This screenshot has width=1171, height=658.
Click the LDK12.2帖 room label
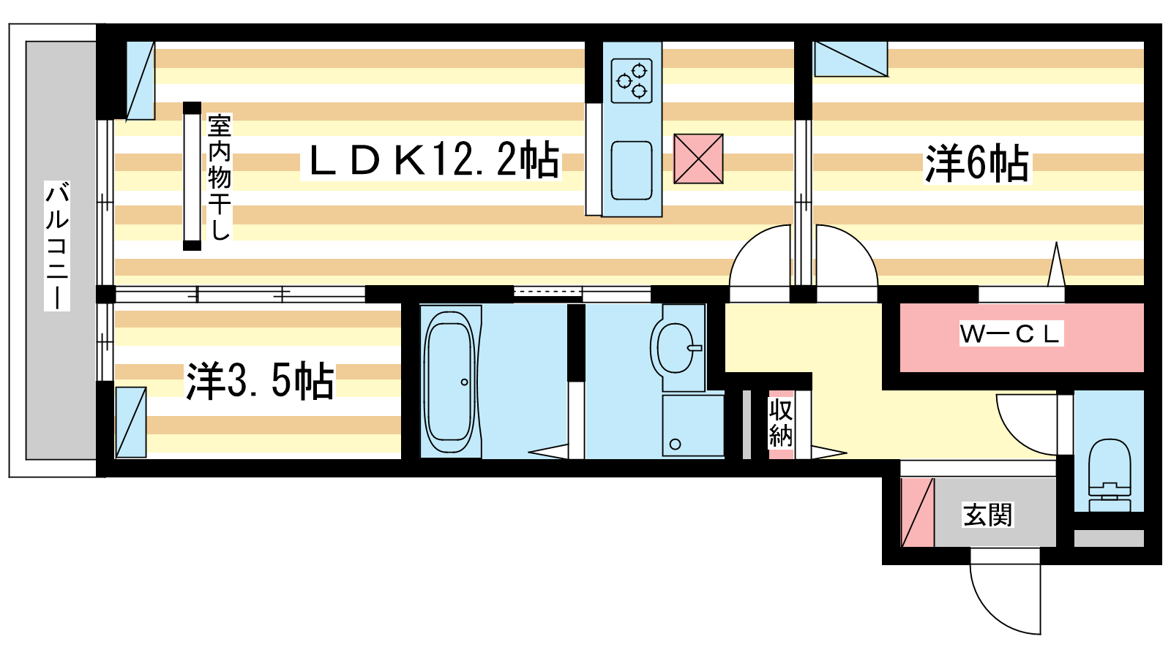[435, 160]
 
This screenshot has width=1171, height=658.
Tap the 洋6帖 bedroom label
[977, 164]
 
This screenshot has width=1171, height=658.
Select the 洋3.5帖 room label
[261, 381]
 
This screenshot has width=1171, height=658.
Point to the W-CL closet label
[1011, 334]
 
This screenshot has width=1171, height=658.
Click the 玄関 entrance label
[987, 515]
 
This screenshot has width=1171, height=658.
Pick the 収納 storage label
[780, 423]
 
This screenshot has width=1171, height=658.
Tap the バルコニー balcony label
[57, 246]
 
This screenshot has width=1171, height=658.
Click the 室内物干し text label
[219, 177]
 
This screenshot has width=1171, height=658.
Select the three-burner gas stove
[632, 80]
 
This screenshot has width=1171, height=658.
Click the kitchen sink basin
[632, 170]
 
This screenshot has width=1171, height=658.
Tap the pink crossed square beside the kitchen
[698, 159]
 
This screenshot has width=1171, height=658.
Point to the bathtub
[450, 382]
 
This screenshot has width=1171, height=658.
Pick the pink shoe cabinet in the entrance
[918, 513]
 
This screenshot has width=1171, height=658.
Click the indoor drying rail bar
[192, 176]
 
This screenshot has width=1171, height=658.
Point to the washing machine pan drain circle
[675, 445]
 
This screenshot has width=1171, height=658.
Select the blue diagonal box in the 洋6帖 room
[851, 59]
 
